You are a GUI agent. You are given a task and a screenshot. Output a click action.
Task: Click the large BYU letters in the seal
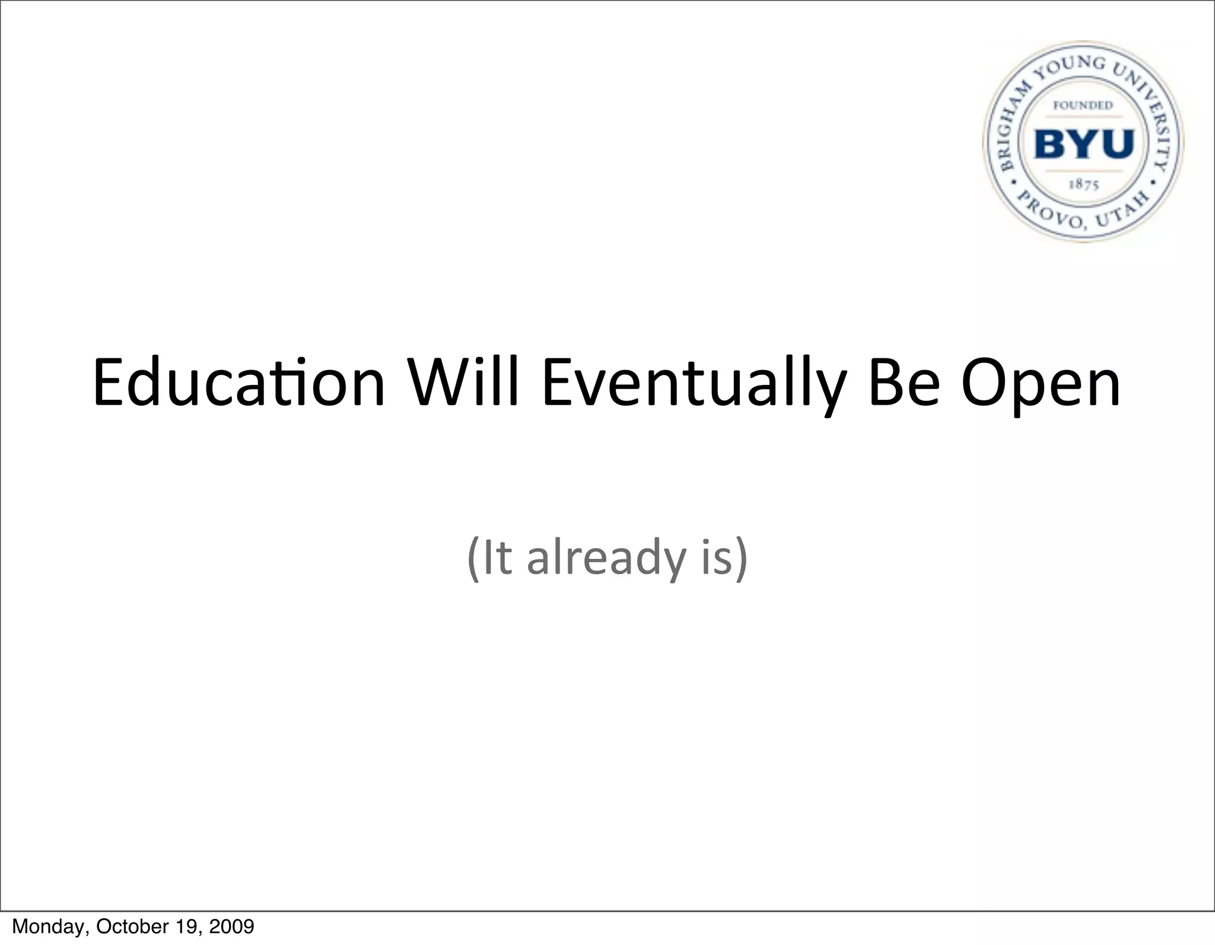coord(1084,144)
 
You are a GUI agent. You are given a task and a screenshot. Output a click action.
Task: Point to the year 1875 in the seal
coord(1084,184)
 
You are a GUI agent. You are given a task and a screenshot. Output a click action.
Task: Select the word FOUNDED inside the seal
coord(1083,106)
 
